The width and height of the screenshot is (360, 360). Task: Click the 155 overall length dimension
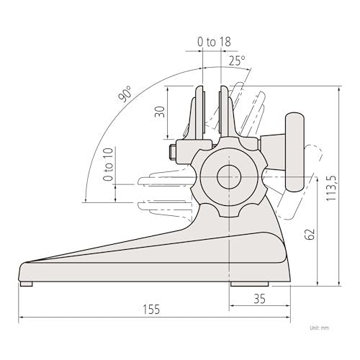[151, 309]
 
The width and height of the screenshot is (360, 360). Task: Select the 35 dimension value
[260, 299]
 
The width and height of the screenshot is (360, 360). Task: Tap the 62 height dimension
[310, 234]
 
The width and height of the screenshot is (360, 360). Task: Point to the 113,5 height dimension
[332, 188]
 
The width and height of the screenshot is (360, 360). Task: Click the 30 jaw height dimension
[160, 112]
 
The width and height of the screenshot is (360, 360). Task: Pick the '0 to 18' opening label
[214, 42]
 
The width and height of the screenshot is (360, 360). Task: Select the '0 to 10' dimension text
[108, 164]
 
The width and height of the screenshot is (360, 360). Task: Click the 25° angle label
[237, 60]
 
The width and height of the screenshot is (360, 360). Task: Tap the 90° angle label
[125, 94]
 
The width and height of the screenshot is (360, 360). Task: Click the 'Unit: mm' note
[319, 328]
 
